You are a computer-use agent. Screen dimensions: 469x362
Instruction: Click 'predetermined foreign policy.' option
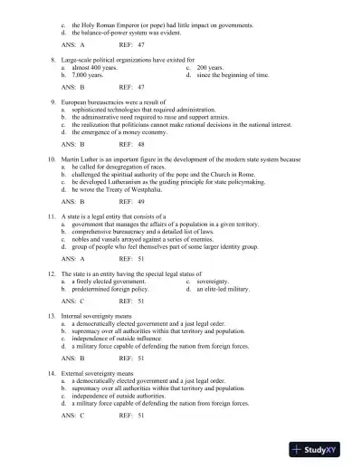point(110,289)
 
